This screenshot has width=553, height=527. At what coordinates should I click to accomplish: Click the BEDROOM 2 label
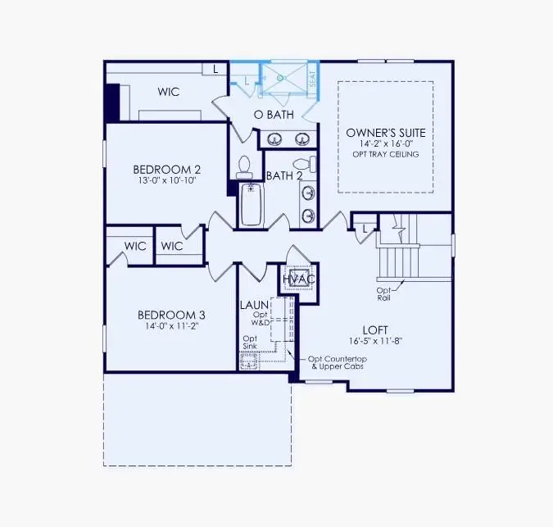(167, 170)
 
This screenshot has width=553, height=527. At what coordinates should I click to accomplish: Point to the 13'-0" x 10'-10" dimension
(167, 182)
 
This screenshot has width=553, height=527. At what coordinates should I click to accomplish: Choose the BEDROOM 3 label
(171, 315)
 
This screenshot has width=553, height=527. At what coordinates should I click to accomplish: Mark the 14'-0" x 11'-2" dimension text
(171, 326)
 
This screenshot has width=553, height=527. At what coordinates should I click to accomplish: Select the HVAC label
(299, 279)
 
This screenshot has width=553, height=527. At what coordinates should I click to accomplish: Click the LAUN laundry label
(251, 305)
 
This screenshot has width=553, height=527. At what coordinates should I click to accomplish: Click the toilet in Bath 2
(243, 167)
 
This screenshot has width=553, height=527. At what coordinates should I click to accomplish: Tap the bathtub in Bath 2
(250, 205)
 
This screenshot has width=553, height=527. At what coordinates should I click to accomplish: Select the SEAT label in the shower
(312, 79)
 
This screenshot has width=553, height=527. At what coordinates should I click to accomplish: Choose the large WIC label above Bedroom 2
(169, 93)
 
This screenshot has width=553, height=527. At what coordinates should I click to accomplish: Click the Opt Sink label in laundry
(251, 343)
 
